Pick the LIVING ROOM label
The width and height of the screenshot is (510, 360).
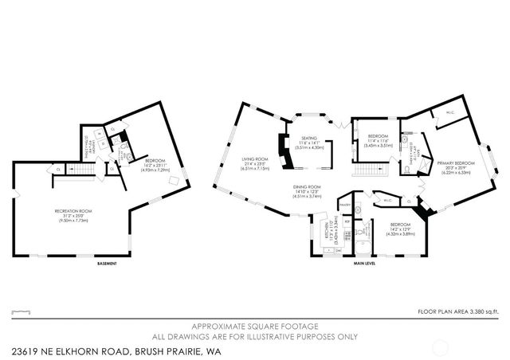255,162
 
